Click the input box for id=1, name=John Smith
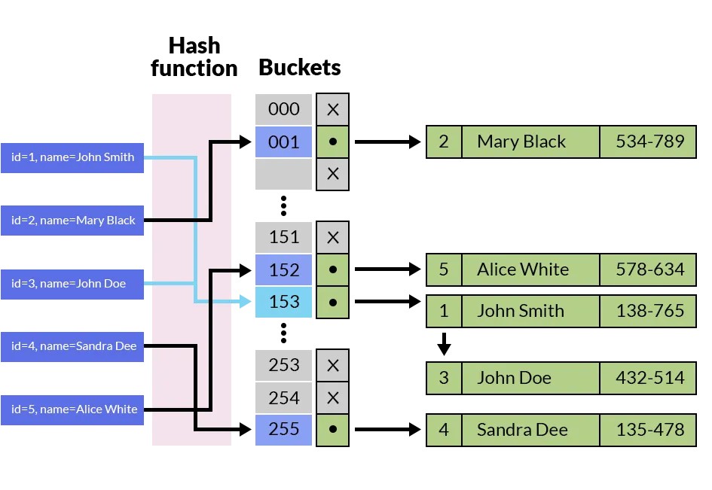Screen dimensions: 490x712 click(72, 157)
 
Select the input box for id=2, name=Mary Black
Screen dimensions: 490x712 click(72, 221)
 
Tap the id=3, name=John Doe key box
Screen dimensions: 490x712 click(72, 284)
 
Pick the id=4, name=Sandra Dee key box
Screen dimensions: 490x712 click(72, 346)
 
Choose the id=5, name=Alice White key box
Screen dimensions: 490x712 click(72, 409)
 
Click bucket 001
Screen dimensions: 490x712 click(283, 142)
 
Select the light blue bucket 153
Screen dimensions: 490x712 click(283, 302)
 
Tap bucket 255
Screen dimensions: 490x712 click(283, 430)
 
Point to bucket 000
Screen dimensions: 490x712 click(283, 109)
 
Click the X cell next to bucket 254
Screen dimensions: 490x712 click(332, 398)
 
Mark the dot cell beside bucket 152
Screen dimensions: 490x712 click(332, 269)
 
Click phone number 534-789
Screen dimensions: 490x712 click(649, 142)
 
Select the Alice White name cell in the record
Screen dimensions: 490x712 click(530, 269)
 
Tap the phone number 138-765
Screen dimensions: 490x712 click(649, 310)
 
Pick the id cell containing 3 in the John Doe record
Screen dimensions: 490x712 click(444, 378)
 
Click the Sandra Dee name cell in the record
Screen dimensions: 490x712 click(530, 431)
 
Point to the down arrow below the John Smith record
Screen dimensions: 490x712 click(444, 345)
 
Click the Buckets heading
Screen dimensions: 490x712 click(299, 68)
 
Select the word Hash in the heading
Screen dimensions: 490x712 click(194, 45)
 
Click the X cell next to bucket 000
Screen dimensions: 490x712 click(332, 110)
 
